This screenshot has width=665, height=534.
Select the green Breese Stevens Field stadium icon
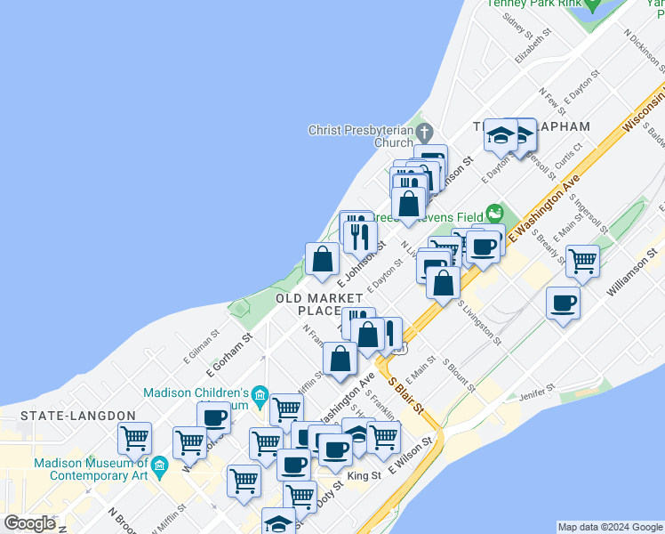494,214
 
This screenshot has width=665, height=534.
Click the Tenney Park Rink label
533,4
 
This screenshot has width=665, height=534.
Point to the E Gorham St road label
228,353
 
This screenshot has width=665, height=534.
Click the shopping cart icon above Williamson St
582,262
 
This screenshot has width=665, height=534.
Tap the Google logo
29,523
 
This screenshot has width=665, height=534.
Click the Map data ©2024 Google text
608,527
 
